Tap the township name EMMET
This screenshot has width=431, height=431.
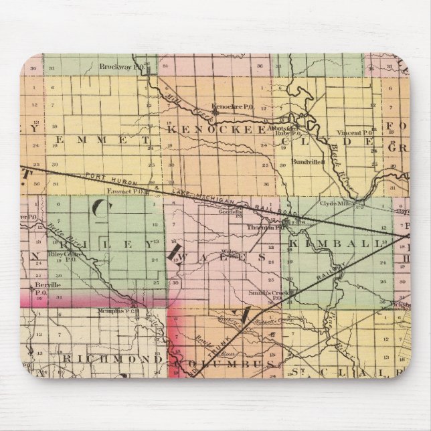click(x=99, y=142)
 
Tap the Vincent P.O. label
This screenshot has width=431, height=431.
click(x=359, y=133)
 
